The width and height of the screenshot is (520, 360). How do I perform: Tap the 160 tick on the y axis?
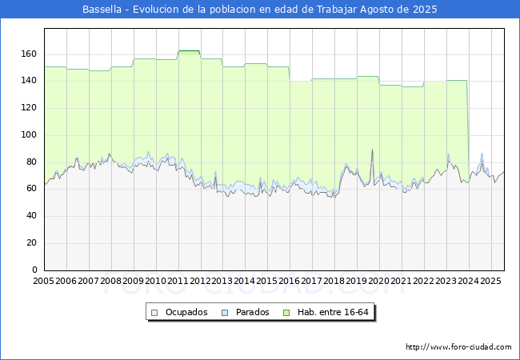(x=29, y=54)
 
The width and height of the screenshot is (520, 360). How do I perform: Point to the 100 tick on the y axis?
(x=29, y=134)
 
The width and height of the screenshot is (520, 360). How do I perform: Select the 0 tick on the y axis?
(x=35, y=270)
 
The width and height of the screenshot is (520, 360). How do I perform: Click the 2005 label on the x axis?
(x=43, y=281)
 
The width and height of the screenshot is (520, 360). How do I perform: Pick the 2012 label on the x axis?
(x=200, y=281)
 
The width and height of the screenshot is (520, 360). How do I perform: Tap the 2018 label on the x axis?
(x=334, y=281)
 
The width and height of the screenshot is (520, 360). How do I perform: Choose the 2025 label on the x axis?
(x=490, y=281)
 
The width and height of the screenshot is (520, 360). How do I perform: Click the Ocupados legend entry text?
(x=186, y=312)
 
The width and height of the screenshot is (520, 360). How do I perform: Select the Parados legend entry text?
(x=252, y=312)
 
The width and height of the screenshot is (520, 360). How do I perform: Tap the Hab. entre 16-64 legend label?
(x=333, y=312)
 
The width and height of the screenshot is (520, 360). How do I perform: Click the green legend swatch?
(x=286, y=313)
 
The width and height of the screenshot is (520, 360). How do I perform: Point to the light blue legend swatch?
(x=225, y=313)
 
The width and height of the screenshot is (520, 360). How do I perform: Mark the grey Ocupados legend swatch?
(x=154, y=313)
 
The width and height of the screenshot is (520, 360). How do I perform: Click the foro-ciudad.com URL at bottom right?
(x=458, y=347)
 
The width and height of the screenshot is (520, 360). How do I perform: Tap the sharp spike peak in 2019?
(x=372, y=150)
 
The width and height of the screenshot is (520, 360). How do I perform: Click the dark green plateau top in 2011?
(x=189, y=50)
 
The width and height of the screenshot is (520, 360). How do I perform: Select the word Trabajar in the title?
(x=337, y=10)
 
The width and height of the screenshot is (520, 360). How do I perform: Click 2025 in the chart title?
(x=425, y=10)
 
